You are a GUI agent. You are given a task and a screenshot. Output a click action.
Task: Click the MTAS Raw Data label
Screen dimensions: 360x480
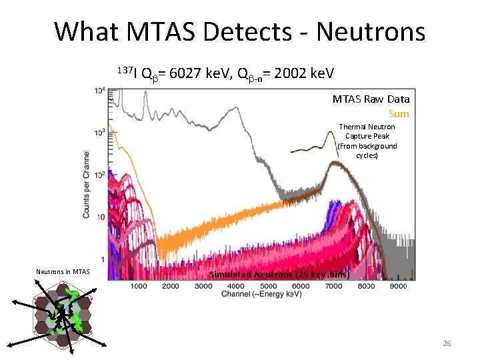(x=371, y=99)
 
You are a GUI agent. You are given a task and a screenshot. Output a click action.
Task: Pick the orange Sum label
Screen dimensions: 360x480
(x=399, y=114)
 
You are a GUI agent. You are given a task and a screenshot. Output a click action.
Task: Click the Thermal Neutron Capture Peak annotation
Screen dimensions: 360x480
(x=367, y=141)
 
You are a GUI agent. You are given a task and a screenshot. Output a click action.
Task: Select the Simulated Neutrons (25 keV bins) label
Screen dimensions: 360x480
(x=279, y=275)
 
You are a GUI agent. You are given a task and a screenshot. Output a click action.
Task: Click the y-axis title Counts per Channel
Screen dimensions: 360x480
(x=87, y=175)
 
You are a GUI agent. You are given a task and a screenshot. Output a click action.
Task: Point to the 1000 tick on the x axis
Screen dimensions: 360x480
(x=139, y=286)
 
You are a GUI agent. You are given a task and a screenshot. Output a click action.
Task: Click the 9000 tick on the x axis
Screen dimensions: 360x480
(x=397, y=286)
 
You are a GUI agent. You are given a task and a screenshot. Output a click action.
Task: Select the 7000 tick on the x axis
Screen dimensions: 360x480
(x=333, y=286)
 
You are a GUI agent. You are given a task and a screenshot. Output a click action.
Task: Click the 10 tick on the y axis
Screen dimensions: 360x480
(x=99, y=217)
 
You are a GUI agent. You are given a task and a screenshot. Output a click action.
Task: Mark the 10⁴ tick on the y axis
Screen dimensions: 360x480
(x=99, y=91)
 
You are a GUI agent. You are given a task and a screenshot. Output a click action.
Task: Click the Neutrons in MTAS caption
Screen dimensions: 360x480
(x=62, y=271)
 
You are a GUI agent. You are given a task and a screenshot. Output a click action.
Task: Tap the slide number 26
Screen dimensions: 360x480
(x=447, y=343)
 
